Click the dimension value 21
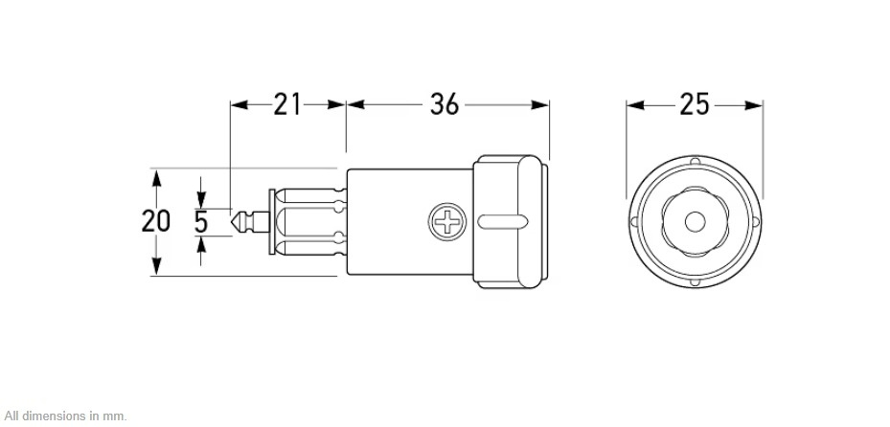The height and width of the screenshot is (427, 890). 287,104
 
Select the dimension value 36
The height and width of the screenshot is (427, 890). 444,104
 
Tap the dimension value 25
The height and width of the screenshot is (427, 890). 695,104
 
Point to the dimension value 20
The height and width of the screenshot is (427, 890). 155,221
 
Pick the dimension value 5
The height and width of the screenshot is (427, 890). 201,222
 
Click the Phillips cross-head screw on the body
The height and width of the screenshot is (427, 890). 447,221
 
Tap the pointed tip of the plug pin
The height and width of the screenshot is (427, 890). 232,222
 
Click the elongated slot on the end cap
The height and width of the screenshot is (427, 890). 503,222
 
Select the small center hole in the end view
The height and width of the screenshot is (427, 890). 695,222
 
